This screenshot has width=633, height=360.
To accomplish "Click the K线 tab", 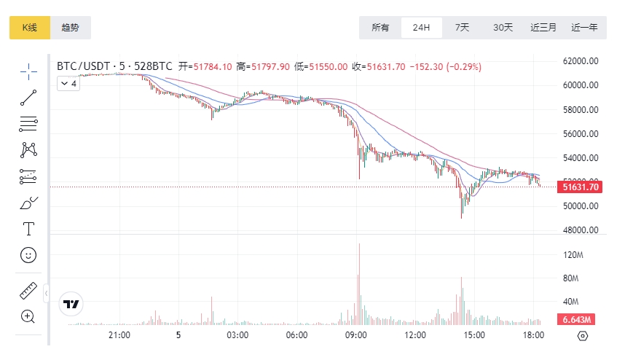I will click(29, 28).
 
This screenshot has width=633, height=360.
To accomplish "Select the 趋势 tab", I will click(71, 28).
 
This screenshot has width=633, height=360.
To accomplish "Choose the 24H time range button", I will click(421, 28).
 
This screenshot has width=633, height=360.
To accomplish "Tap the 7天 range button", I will click(462, 28).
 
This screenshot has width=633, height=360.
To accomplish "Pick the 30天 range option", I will click(503, 28).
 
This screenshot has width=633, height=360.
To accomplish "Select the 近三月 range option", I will click(543, 28).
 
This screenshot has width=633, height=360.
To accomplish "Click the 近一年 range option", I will click(584, 28).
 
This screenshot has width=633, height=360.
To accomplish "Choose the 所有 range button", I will click(380, 28).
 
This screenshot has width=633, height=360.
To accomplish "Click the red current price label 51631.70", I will click(581, 187).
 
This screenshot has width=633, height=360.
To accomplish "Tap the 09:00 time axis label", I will click(356, 335).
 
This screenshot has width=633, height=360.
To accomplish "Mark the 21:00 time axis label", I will click(119, 335).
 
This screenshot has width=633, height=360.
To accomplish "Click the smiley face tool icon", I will click(28, 255).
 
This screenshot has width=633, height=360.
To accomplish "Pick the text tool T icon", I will click(28, 229).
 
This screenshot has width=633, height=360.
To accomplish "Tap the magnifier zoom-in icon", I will click(28, 316).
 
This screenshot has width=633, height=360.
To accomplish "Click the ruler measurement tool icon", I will click(28, 291).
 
